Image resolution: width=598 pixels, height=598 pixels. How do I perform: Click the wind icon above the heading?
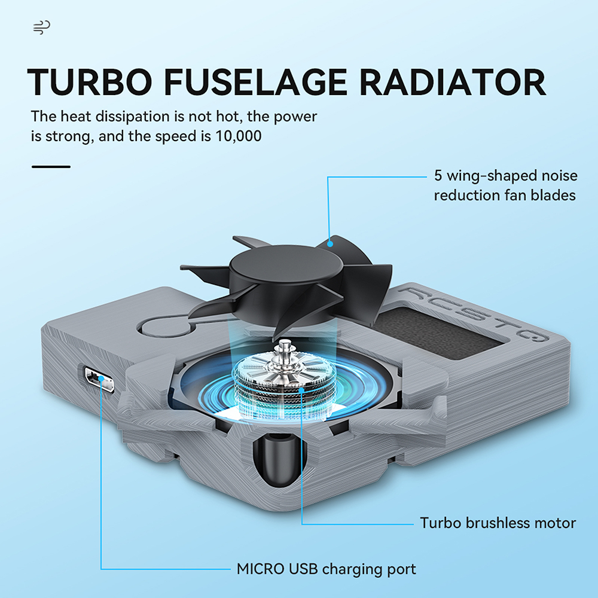pyautogui.click(x=42, y=28)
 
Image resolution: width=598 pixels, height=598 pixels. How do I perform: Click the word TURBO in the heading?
pyautogui.click(x=90, y=82)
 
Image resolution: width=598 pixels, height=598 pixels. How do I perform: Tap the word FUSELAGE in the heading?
pyautogui.click(x=255, y=82)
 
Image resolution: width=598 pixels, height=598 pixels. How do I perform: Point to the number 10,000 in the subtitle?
pyautogui.click(x=239, y=136)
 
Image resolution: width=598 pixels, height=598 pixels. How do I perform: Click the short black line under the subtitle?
pyautogui.click(x=51, y=167)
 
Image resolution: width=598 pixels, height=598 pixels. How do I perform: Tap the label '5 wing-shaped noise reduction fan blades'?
pyautogui.click(x=506, y=185)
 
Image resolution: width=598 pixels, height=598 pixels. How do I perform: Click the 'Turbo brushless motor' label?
pyautogui.click(x=498, y=523)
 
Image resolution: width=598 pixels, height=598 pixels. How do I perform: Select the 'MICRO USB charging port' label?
pyautogui.click(x=326, y=569)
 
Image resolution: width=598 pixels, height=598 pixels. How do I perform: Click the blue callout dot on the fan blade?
pyautogui.click(x=330, y=244)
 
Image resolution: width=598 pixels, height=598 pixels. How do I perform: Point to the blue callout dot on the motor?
pyautogui.click(x=301, y=390)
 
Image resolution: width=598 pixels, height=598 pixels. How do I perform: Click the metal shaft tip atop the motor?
pyautogui.click(x=283, y=344)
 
